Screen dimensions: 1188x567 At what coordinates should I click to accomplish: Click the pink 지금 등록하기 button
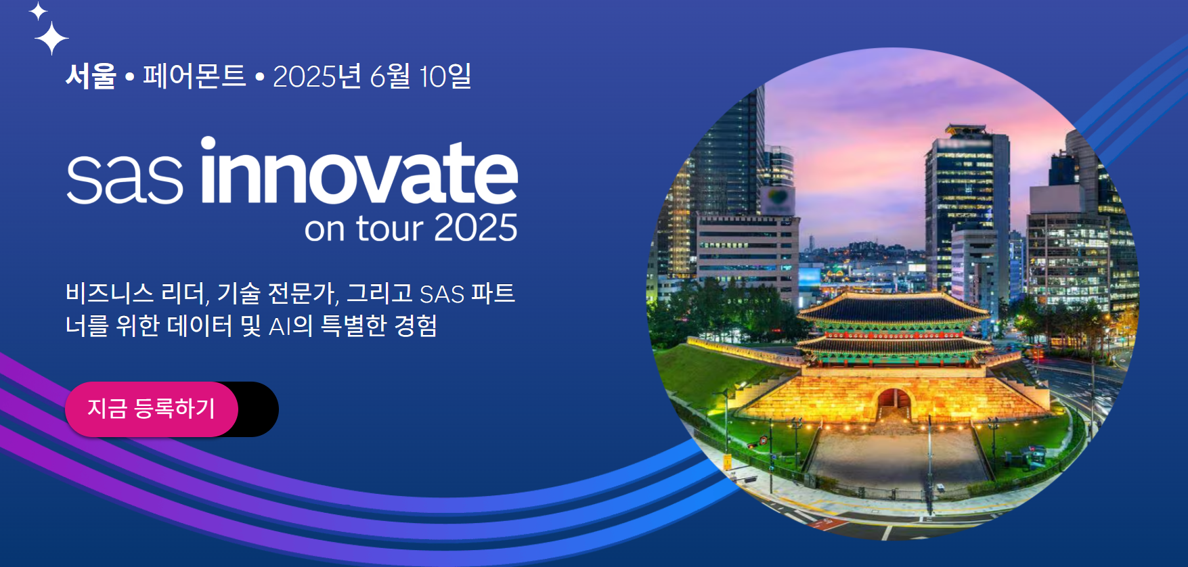point(151,409)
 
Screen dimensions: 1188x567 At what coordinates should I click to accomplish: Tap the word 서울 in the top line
point(91,76)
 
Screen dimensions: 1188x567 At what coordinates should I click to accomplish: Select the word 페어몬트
point(194,76)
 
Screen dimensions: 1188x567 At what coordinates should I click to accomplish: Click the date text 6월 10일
point(420,76)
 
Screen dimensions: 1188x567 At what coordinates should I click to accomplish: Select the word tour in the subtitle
point(390,228)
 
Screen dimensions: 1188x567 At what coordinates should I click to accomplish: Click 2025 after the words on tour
point(476,228)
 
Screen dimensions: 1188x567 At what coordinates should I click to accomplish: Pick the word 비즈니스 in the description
point(110,293)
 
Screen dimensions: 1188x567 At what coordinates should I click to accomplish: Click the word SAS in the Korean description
point(442,294)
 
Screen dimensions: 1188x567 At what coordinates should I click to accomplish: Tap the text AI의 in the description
point(290,326)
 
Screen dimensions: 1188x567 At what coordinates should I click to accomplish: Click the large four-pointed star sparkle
point(51,38)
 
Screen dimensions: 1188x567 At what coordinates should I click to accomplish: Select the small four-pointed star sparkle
point(38,11)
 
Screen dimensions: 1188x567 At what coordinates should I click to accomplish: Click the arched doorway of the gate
point(894,403)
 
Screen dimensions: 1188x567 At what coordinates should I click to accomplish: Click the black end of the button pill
point(259,409)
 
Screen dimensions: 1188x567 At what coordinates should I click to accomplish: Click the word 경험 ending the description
point(416,325)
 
